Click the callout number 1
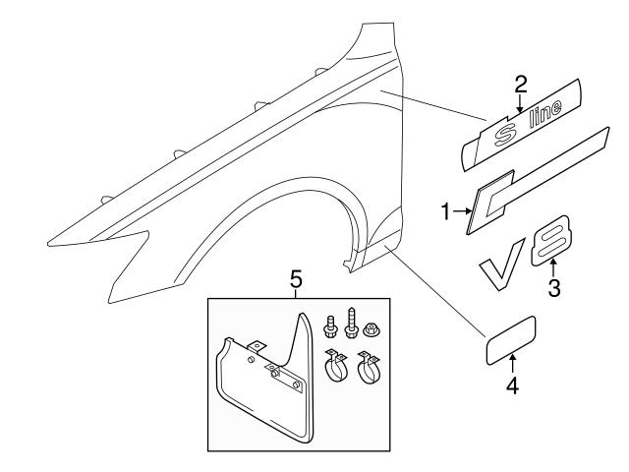(x=445, y=209)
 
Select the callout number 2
(x=520, y=84)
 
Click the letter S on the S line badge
(x=502, y=132)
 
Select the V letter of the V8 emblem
(x=501, y=271)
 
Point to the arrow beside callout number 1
(x=461, y=209)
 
